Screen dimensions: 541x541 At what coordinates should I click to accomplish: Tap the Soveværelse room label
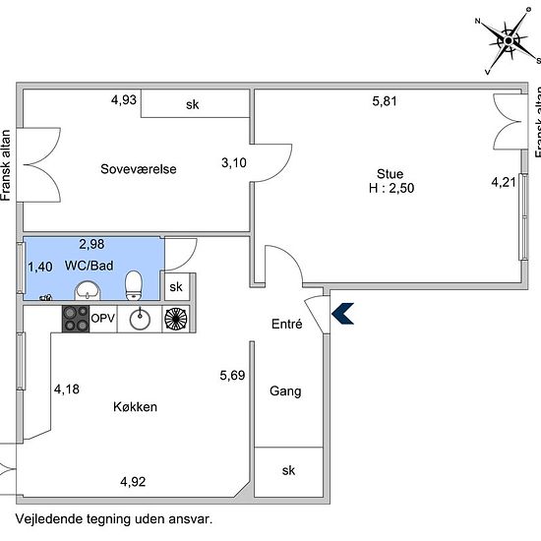pos(139,168)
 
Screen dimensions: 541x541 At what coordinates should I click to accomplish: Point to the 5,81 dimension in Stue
pos(387,100)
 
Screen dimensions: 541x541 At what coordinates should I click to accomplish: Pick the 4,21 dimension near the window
pos(504,182)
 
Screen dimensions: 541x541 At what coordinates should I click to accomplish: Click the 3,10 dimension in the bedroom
pos(233,163)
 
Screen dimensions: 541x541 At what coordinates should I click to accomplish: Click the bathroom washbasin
pos(89,289)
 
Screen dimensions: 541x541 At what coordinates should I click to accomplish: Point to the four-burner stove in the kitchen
pos(76,318)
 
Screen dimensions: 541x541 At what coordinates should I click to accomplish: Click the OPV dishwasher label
pos(103,319)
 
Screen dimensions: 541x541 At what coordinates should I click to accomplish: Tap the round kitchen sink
pos(140,318)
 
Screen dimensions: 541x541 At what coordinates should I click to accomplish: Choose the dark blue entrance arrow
pos(342,313)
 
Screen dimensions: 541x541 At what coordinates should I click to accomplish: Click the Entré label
pos(286,325)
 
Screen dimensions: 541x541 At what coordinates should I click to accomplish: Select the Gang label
pos(285,391)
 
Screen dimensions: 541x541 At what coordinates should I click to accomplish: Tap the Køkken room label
pos(136,406)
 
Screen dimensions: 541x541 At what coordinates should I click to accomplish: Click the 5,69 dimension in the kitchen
pos(232,374)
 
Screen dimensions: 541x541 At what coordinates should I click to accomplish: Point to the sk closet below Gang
pos(288,470)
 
